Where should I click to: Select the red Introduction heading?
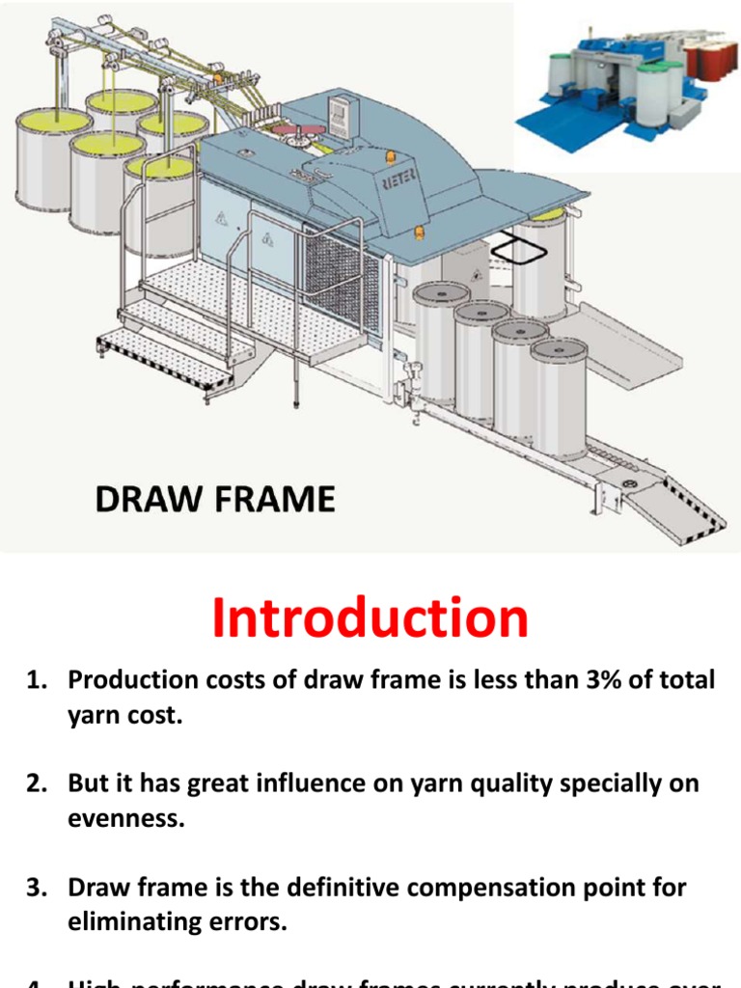pos(370,617)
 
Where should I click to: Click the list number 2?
pos(36,784)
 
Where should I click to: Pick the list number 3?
pos(36,888)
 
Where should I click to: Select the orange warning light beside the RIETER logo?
pos(390,156)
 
